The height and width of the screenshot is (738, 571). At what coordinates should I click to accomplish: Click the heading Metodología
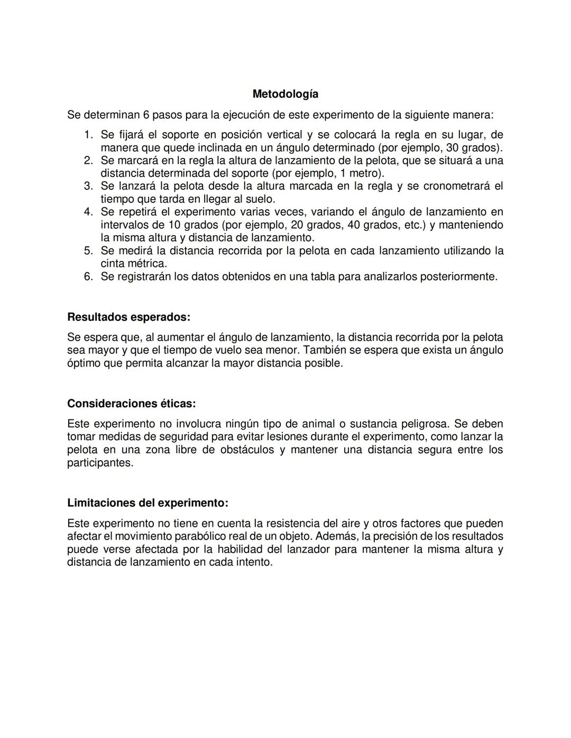(285, 94)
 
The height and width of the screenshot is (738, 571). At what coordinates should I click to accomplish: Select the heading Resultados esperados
(128, 317)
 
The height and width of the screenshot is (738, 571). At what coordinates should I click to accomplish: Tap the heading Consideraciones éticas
(131, 404)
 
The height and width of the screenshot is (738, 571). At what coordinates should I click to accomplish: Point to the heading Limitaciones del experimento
(148, 502)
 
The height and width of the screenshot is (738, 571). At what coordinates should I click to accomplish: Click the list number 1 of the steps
(88, 135)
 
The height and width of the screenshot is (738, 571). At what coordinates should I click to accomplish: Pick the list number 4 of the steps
(88, 212)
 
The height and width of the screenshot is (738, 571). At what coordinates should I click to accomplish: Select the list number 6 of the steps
(88, 276)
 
